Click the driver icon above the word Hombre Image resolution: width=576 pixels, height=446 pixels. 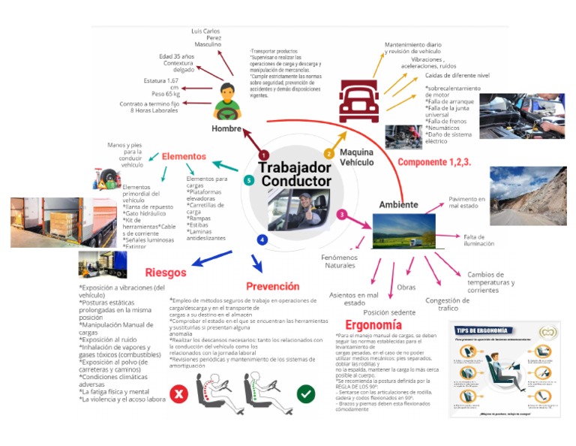(x=225, y=102)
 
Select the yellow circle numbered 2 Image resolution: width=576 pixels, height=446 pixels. (x=328, y=154)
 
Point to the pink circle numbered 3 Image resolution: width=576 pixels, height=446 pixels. (x=341, y=215)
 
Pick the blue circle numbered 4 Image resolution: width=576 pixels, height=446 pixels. (x=262, y=240)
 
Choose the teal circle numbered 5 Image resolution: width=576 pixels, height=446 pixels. (x=249, y=180)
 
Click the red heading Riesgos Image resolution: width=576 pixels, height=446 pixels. (x=166, y=273)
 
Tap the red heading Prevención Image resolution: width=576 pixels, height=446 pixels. (x=272, y=286)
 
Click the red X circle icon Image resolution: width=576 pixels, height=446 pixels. (x=179, y=393)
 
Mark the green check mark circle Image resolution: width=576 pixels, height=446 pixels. (x=305, y=393)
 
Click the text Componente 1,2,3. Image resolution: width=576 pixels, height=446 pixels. (x=433, y=162)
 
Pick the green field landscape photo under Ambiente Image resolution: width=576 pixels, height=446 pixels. (x=403, y=231)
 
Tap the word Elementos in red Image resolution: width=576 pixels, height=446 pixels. (x=184, y=156)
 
